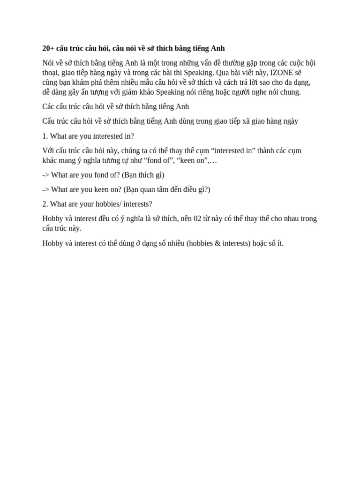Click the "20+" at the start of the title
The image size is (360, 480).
coord(48,48)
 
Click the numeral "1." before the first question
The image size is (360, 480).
coord(45,136)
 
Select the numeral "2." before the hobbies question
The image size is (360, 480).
coord(45,204)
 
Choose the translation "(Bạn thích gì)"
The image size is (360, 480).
coord(144,175)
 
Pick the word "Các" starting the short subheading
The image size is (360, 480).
coord(48,106)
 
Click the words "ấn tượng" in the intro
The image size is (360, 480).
coord(94,92)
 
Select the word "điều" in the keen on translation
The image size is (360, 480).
coord(187,189)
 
